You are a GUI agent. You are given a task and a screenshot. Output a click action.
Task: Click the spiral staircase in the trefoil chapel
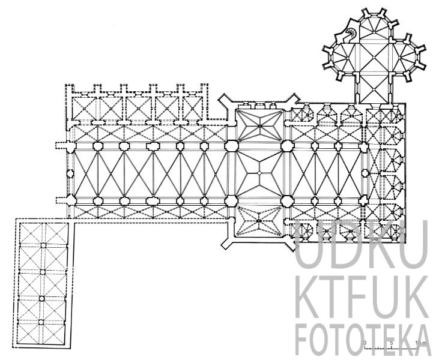pos(351,34)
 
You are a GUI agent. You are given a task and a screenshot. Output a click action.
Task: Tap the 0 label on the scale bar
pos(365,342)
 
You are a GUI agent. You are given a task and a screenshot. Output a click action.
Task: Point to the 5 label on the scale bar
pos(391,342)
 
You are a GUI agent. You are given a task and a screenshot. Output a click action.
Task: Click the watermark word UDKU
pos(361,244)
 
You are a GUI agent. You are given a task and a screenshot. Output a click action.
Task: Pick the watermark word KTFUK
pos(363,297)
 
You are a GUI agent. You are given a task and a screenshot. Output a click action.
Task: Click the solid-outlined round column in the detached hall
pos(41,299)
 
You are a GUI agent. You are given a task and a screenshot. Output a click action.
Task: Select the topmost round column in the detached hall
pos(43,245)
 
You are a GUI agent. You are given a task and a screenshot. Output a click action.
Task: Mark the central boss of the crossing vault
pos(259,173)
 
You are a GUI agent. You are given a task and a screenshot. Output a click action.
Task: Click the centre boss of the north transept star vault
pos(259,126)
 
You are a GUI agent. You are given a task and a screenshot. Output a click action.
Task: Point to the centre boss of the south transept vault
pos(259,221)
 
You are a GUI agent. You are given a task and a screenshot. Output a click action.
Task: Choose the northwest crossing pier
pos(231,146)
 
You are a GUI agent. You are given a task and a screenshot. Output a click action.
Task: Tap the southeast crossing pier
pos(287,200)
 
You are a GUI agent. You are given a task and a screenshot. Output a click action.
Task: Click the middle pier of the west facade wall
pos(70,173)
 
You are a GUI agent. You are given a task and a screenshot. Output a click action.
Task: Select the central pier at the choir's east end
pos(365,173)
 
